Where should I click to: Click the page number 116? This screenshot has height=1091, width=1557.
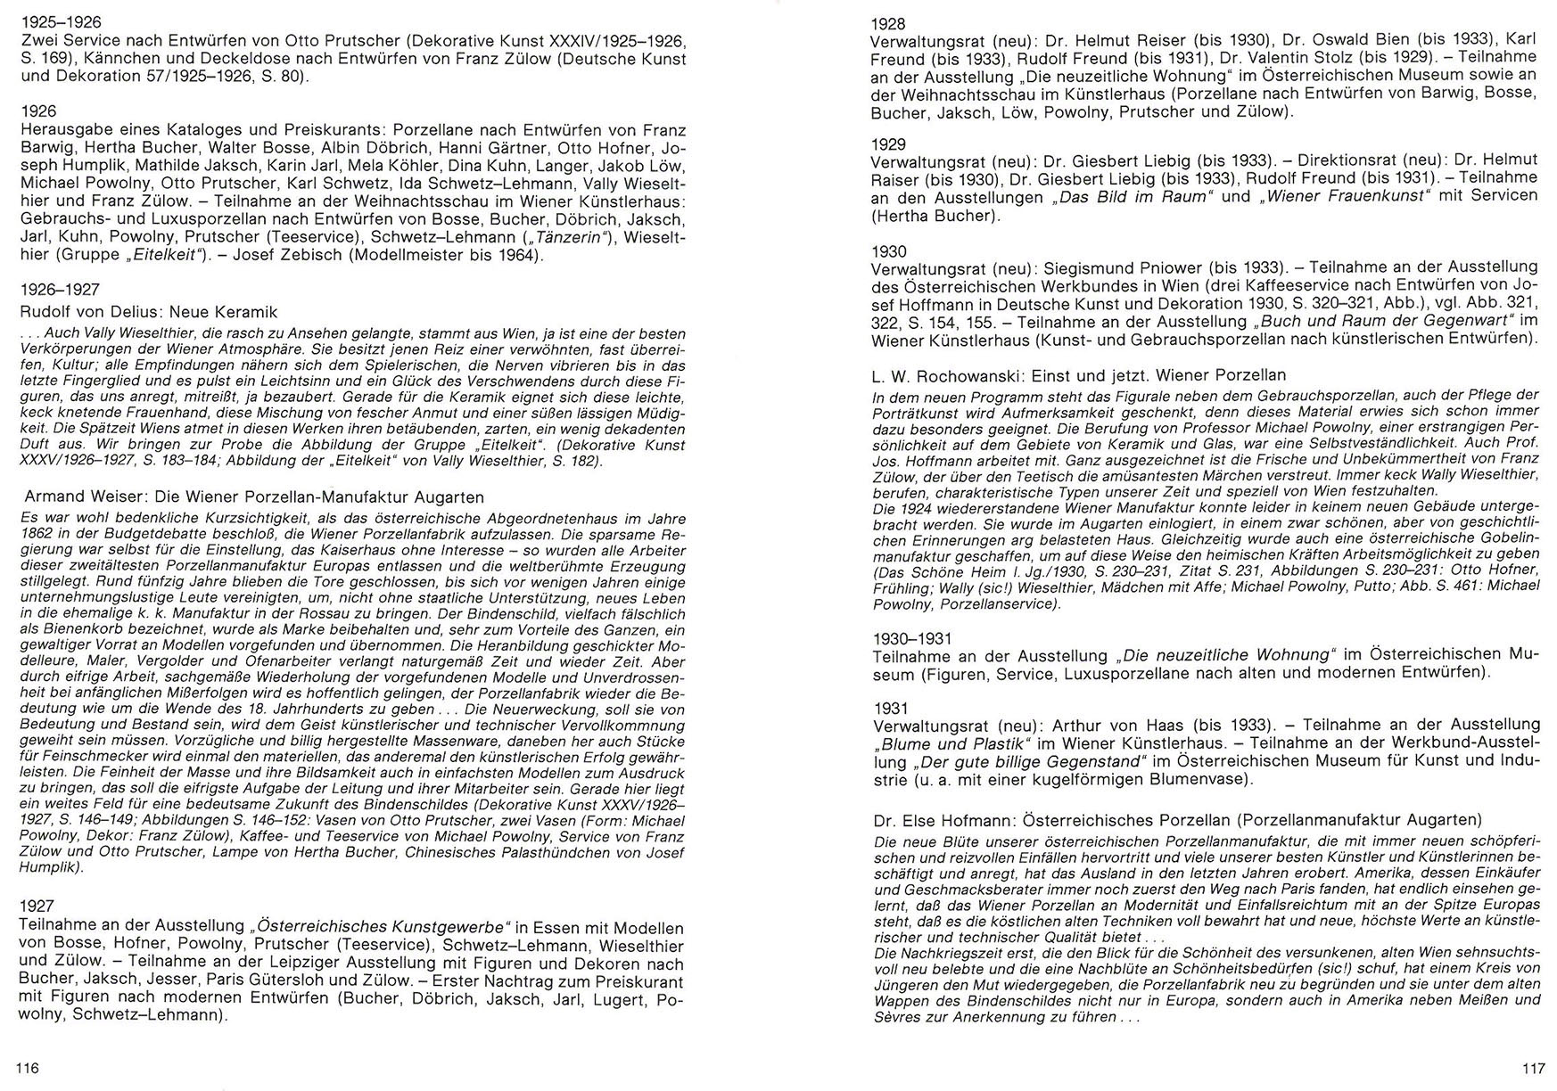28,1068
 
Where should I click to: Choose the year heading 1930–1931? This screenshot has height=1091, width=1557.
912,638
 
